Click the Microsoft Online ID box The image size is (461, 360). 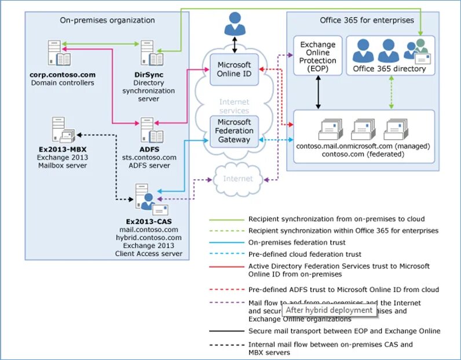[x=234, y=70]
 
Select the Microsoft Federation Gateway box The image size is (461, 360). [x=234, y=131]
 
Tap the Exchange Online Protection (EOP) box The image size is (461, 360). [x=317, y=56]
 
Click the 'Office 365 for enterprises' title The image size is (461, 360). [x=367, y=20]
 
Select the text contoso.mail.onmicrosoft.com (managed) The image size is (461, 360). [x=363, y=146]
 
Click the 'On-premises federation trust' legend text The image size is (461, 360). [x=297, y=242]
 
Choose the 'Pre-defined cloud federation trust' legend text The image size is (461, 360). [x=305, y=254]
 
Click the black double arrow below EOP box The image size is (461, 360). [x=317, y=92]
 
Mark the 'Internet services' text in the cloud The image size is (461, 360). [x=234, y=107]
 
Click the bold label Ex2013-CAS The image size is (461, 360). [x=148, y=221]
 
